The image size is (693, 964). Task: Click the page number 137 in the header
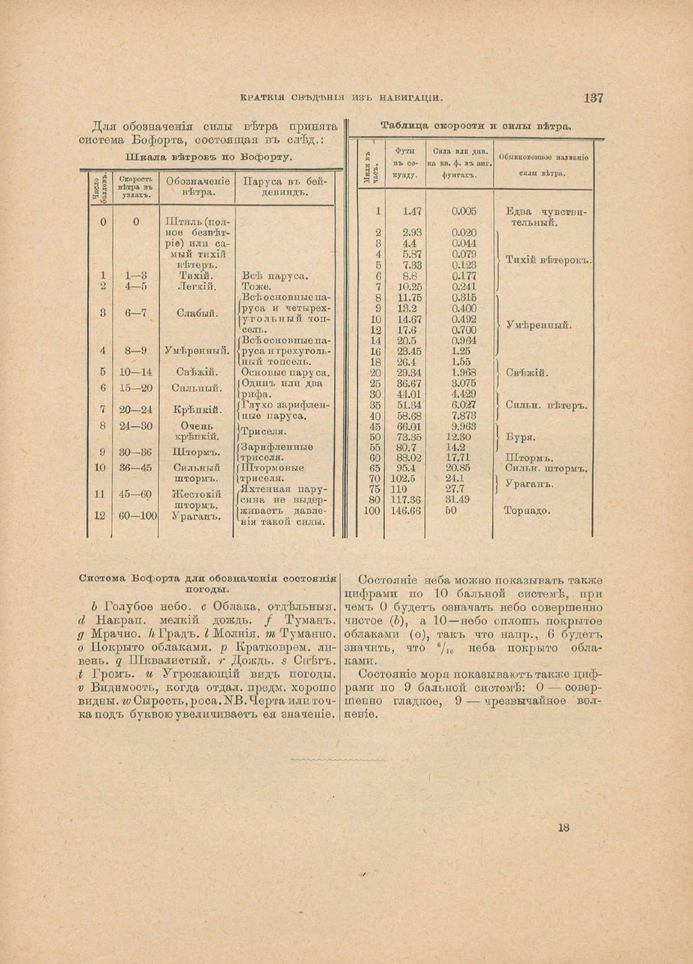click(x=593, y=98)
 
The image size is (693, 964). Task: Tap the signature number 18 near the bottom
click(x=563, y=828)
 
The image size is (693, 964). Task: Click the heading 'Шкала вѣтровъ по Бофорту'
click(x=208, y=157)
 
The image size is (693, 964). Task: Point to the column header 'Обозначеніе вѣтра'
click(x=197, y=186)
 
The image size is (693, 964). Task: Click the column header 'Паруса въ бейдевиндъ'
click(x=285, y=186)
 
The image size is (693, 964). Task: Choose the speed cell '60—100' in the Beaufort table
click(x=138, y=515)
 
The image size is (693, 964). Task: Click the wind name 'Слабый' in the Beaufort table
click(x=197, y=313)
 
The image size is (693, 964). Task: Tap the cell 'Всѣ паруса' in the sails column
click(x=274, y=276)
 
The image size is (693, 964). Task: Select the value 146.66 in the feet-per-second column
click(x=406, y=511)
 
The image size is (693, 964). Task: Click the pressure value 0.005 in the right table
click(x=464, y=211)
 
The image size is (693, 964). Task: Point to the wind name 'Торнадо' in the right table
click(x=527, y=511)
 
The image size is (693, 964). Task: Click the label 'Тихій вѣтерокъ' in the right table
click(x=548, y=260)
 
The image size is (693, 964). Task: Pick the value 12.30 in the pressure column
click(x=461, y=437)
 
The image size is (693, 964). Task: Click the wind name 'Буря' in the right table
click(x=521, y=437)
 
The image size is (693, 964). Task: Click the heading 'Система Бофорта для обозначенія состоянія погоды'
click(x=208, y=583)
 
